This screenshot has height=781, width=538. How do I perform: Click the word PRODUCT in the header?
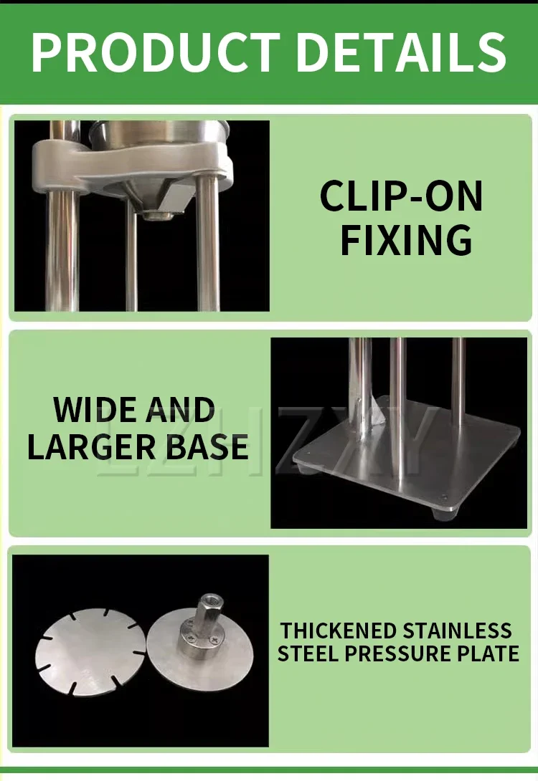pyautogui.click(x=156, y=52)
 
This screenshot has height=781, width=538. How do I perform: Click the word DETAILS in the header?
pyautogui.click(x=404, y=52)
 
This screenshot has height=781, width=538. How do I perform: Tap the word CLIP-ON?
pyautogui.click(x=402, y=196)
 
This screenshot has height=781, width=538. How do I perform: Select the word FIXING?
pyautogui.click(x=406, y=240)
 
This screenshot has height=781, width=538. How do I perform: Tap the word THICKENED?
pyautogui.click(x=338, y=631)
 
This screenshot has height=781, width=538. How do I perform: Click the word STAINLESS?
pyautogui.click(x=457, y=631)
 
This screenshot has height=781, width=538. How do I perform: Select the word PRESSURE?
pyautogui.click(x=402, y=653)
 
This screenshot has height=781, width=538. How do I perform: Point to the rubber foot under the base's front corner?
pyautogui.click(x=445, y=514)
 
